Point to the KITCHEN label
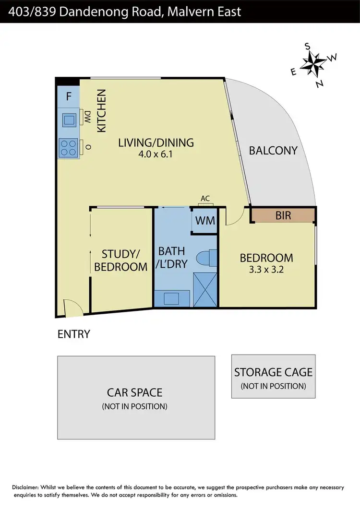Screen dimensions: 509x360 tap(102, 111)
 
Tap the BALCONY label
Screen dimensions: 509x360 tap(273, 150)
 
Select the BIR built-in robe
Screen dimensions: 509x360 tap(283, 215)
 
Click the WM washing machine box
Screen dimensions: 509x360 tap(204, 221)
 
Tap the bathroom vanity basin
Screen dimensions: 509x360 tap(171, 298)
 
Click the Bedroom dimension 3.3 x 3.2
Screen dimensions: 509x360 tap(266, 269)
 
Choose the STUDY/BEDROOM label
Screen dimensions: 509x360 tap(120, 260)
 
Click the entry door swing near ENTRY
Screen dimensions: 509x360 tap(71, 311)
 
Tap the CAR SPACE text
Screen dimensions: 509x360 tap(135, 392)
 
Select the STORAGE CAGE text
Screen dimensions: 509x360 tap(273, 372)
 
